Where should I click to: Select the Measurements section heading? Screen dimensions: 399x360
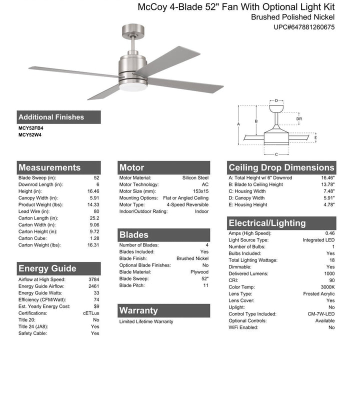[x=49, y=167]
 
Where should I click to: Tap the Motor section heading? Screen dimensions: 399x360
[x=132, y=167]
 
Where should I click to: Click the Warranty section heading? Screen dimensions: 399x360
[x=138, y=310]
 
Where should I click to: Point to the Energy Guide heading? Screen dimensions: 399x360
[x=47, y=268]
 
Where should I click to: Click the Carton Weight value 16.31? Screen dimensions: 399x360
[x=93, y=245]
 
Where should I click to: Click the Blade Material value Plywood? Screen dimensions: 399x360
[x=199, y=272]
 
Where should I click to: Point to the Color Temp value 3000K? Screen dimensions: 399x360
[x=327, y=287]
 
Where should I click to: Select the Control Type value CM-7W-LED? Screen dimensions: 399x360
[x=322, y=314]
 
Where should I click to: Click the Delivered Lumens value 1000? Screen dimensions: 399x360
[x=329, y=273]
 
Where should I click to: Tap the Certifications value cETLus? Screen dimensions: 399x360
[x=91, y=313]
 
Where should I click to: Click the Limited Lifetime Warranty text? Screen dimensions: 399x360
[x=146, y=321]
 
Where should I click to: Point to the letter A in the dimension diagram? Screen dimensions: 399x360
[x=239, y=123]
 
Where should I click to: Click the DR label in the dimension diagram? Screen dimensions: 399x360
[x=299, y=118]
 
